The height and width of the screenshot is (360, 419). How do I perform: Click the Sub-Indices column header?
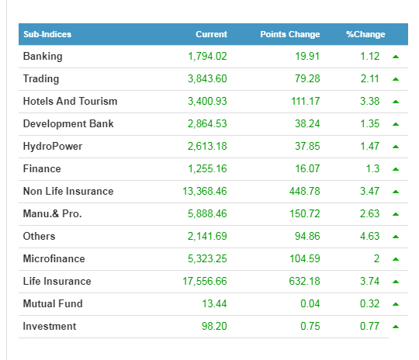click(47, 34)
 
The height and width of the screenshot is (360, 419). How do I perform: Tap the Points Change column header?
click(290, 34)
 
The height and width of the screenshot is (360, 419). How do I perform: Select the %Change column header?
click(365, 34)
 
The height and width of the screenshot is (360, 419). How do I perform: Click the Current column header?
click(211, 34)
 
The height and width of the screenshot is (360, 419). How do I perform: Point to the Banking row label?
click(43, 57)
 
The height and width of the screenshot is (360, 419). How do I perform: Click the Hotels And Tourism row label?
click(71, 102)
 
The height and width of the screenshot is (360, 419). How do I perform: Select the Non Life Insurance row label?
click(68, 192)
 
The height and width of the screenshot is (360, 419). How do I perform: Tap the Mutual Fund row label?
click(53, 304)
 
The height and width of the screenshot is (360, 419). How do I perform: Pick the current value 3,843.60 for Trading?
click(207, 79)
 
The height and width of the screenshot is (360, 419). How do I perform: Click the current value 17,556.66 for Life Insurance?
click(205, 282)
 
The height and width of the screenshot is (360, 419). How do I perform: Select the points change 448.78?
click(305, 192)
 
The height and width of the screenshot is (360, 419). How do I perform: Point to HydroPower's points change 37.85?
click(307, 147)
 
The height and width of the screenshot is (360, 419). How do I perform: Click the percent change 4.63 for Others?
click(370, 237)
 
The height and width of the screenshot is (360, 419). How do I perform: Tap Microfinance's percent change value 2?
click(376, 258)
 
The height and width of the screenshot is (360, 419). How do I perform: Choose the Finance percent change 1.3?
click(373, 169)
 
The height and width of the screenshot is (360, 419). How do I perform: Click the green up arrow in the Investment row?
click(396, 327)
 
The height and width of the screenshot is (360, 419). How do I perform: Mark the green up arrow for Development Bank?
click(396, 124)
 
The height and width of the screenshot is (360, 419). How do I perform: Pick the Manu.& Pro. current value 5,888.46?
click(207, 214)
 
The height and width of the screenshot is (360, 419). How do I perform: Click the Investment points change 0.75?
click(310, 327)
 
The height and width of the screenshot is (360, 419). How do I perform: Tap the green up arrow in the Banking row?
click(396, 57)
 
